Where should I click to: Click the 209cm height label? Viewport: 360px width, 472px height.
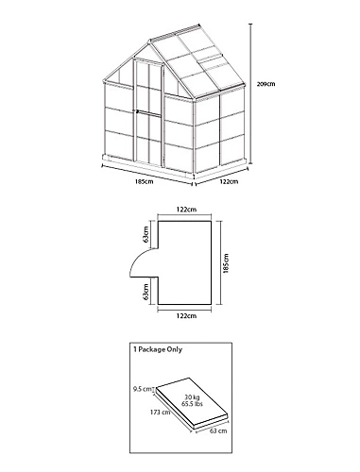(266, 84)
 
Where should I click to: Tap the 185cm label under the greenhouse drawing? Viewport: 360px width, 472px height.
(145, 181)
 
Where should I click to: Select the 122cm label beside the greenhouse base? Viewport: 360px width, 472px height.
(229, 181)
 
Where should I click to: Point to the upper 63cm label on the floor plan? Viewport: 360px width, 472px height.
(146, 234)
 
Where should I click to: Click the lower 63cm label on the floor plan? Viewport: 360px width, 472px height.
(146, 292)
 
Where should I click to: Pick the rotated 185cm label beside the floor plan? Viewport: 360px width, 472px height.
(226, 263)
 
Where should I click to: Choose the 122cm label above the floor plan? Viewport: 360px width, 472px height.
(186, 210)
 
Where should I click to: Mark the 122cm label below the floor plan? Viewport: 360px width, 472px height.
(186, 315)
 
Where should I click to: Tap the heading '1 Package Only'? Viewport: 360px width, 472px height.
(158, 349)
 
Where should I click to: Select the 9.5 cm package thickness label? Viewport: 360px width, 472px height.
(142, 389)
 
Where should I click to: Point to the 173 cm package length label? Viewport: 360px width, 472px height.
(160, 412)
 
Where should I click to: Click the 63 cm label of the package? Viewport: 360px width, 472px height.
(218, 430)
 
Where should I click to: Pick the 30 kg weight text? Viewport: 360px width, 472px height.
(192, 397)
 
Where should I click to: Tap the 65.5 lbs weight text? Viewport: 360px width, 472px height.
(192, 404)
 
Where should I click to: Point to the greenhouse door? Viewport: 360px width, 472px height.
(148, 112)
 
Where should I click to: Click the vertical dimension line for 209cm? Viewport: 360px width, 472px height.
(250, 93)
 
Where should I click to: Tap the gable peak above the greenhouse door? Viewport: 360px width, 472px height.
(150, 42)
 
